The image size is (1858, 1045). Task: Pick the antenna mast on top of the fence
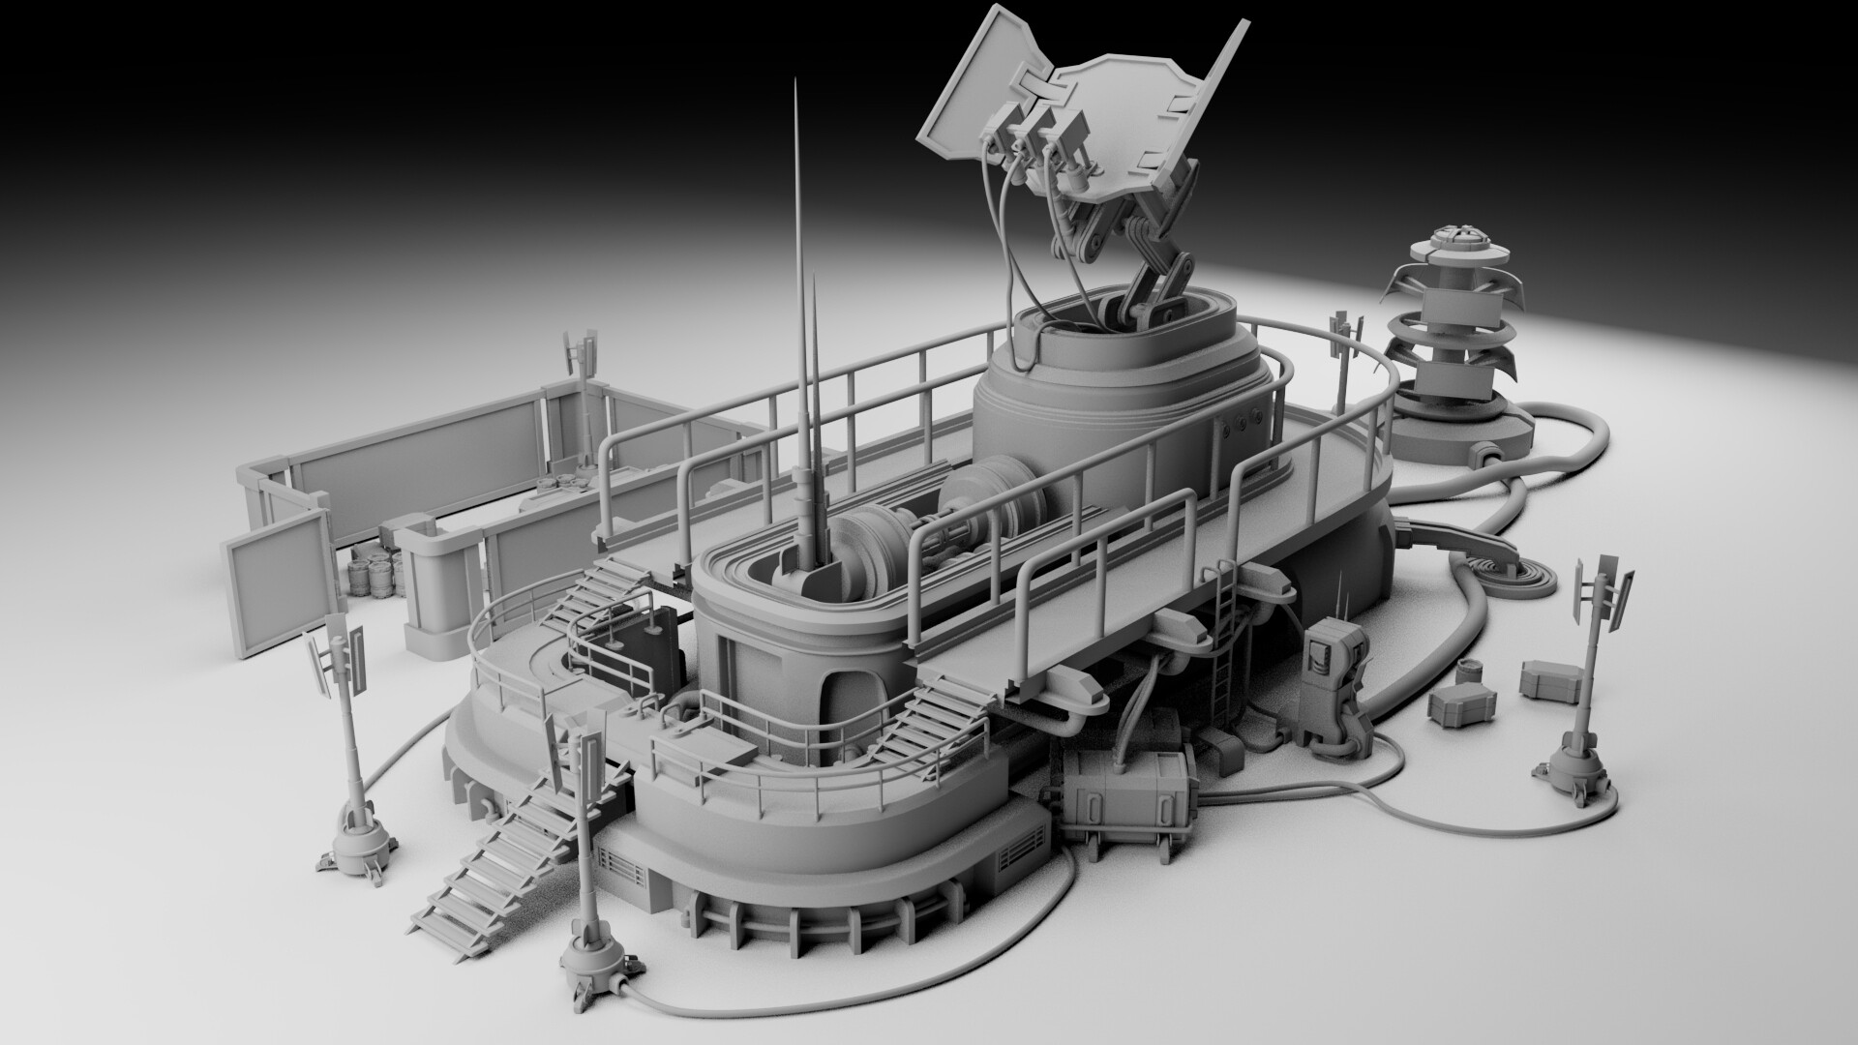[x=581, y=356]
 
